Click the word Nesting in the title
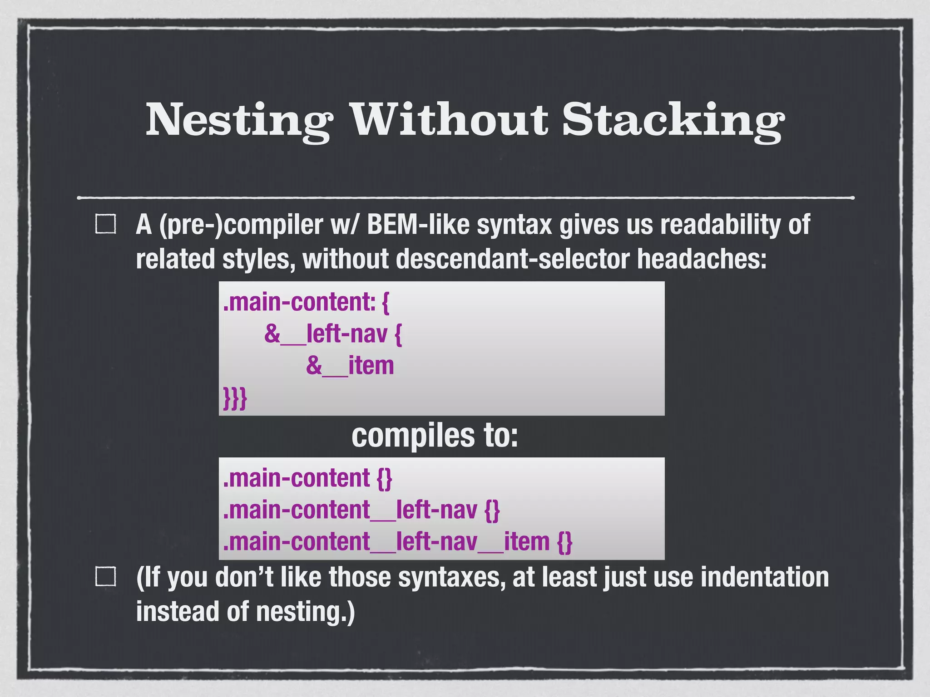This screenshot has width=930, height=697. tap(239, 120)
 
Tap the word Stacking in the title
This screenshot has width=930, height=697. tap(673, 120)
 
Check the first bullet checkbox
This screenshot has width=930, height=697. tap(106, 225)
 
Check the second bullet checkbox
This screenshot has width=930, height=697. tap(106, 577)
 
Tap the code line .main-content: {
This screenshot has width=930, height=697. tap(306, 302)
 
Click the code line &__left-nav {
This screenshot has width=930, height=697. tap(333, 334)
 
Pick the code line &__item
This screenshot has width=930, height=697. tap(350, 366)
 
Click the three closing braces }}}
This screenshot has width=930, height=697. tap(235, 398)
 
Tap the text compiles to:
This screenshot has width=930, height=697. tap(435, 436)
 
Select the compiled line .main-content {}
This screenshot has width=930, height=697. tap(307, 478)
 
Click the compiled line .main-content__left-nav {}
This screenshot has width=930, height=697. tap(361, 510)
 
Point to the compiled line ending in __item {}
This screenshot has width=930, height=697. tap(397, 542)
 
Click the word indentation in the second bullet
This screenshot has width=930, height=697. tap(764, 577)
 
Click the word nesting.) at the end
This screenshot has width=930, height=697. tap(305, 611)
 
